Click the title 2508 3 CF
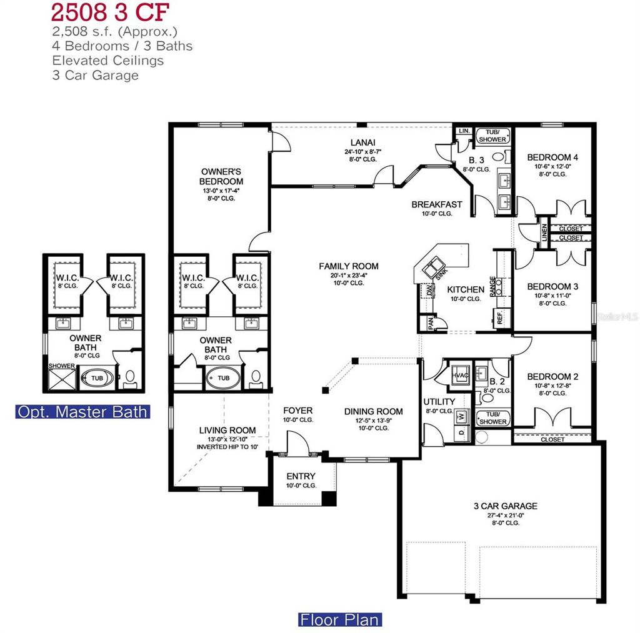(110, 12)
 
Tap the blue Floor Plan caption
(339, 620)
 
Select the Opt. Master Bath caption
(82, 412)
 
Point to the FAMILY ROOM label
(349, 266)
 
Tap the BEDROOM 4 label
(552, 157)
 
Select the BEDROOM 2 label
(552, 377)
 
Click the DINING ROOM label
(373, 412)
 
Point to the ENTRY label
(301, 476)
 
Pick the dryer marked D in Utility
(462, 432)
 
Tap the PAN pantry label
(431, 322)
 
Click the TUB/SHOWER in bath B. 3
(493, 136)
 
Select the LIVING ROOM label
(227, 430)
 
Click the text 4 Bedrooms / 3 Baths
(122, 46)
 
